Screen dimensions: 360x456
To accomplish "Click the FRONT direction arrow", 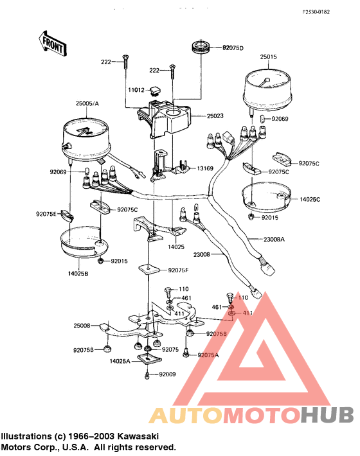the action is [x=53, y=44].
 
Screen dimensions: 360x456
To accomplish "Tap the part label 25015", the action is [x=268, y=57].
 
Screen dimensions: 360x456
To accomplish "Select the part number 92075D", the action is [x=233, y=48].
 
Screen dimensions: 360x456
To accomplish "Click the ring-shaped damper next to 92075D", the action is [x=201, y=46].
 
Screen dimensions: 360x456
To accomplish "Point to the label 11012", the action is [x=136, y=90].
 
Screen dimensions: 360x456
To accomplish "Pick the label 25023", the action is [x=215, y=116].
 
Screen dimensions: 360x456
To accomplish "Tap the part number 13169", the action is [x=205, y=168].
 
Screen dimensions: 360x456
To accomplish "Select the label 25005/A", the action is [x=87, y=103].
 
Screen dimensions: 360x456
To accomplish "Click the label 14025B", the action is [x=78, y=274].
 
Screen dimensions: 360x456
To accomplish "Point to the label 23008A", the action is [x=274, y=240].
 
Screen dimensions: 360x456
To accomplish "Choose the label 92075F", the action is [x=178, y=270].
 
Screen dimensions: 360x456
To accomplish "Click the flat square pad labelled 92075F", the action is [x=148, y=268].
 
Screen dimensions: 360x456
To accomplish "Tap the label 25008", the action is [x=82, y=326].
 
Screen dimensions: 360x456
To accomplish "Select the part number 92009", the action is [x=167, y=374].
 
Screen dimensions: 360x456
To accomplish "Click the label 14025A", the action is [x=120, y=361].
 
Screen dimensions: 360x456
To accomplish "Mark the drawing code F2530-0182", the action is [x=316, y=12].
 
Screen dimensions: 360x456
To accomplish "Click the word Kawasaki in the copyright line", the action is [x=138, y=436].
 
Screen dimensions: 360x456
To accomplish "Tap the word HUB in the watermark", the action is [x=328, y=415].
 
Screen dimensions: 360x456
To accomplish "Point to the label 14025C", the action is [x=310, y=199].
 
